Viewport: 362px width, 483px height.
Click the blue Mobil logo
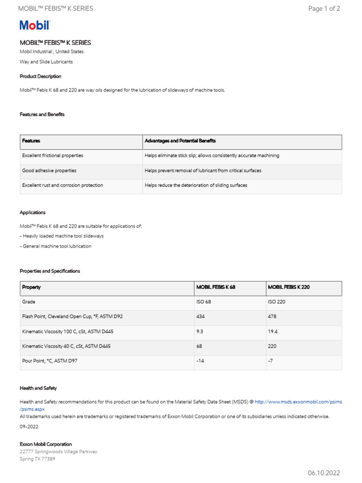(34, 25)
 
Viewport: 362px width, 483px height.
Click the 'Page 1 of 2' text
(324, 8)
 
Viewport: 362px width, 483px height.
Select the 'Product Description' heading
(41, 76)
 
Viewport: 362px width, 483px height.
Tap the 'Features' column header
(31, 141)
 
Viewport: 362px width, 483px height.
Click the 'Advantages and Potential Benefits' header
(180, 141)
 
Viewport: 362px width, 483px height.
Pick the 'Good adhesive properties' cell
(49, 170)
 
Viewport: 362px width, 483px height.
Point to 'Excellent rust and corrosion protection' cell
(62, 185)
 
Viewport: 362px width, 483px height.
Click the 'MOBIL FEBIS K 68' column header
(215, 287)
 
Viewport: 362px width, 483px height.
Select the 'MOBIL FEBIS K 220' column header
(288, 287)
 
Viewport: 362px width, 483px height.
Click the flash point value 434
(200, 316)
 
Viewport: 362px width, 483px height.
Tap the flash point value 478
(272, 316)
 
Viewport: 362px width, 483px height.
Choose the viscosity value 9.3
(199, 332)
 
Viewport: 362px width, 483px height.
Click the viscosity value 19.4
(273, 332)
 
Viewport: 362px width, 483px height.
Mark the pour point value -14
(200, 361)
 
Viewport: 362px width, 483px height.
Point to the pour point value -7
(271, 361)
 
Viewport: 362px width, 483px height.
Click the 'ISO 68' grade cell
(204, 302)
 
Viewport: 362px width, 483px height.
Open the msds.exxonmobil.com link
(298, 402)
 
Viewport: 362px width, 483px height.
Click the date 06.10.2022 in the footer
(324, 473)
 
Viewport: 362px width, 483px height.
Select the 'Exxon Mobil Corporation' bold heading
(46, 444)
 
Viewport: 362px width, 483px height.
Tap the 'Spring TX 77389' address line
(37, 459)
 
